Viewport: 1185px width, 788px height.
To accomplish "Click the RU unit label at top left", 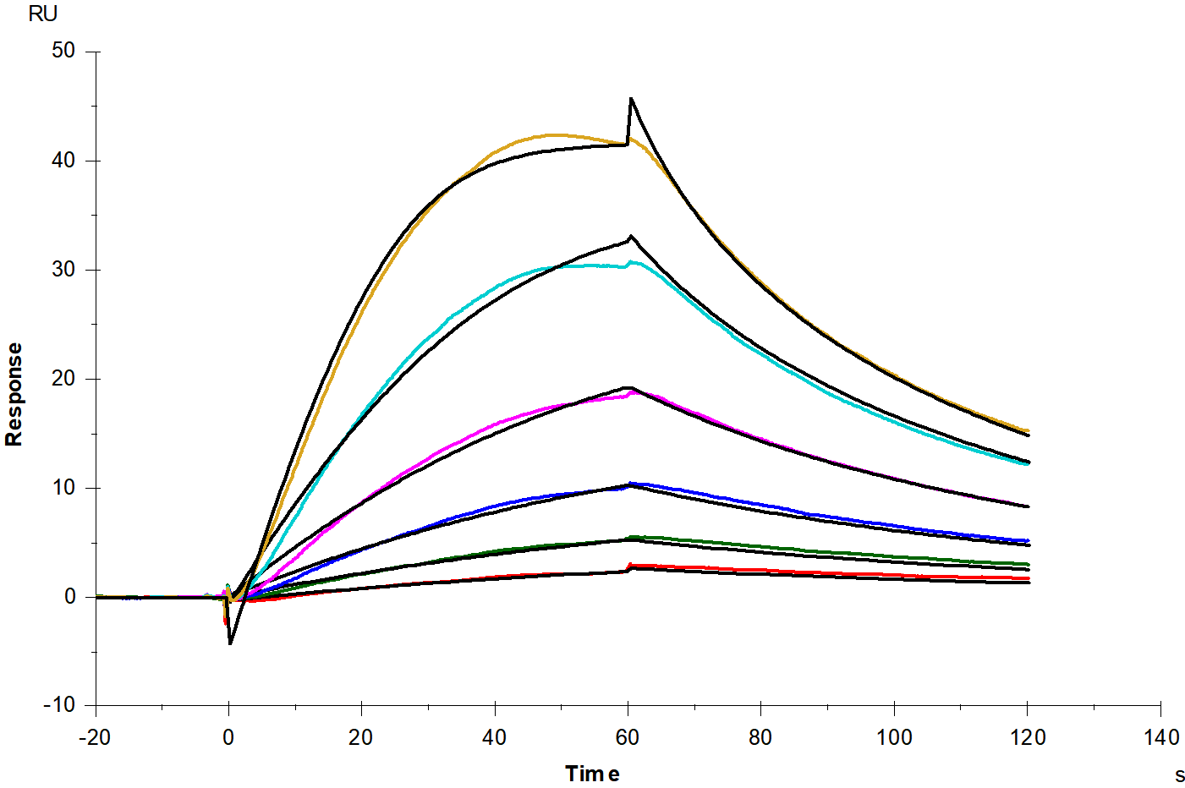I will click(x=42, y=14).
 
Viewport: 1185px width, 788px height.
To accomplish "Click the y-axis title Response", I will click(x=14, y=394).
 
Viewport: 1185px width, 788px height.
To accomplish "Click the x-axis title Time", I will click(x=592, y=774).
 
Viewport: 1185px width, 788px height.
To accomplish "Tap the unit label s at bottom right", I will click(x=1179, y=775).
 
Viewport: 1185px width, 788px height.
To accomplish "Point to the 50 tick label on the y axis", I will click(x=63, y=51).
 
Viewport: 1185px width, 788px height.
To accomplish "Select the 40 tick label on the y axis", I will click(x=63, y=160).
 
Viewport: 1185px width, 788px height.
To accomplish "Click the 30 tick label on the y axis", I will click(x=63, y=269).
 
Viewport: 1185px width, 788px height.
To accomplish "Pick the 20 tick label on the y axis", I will click(x=63, y=379).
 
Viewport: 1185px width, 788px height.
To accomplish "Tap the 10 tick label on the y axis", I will click(x=63, y=488).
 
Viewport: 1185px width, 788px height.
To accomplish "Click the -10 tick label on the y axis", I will click(x=59, y=705).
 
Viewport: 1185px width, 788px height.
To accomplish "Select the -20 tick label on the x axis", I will click(x=95, y=738).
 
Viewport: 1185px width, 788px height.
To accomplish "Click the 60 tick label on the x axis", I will click(x=628, y=738).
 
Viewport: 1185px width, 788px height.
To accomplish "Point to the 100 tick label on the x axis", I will click(x=894, y=738).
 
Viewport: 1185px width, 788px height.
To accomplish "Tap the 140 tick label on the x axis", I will click(x=1160, y=738).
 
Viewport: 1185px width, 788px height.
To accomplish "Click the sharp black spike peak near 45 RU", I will click(x=631, y=99).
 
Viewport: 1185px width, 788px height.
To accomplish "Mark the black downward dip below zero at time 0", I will click(x=230, y=643).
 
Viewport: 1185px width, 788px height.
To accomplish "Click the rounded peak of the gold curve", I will click(x=554, y=135).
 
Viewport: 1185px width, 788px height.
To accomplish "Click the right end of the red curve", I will click(x=1028, y=578).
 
